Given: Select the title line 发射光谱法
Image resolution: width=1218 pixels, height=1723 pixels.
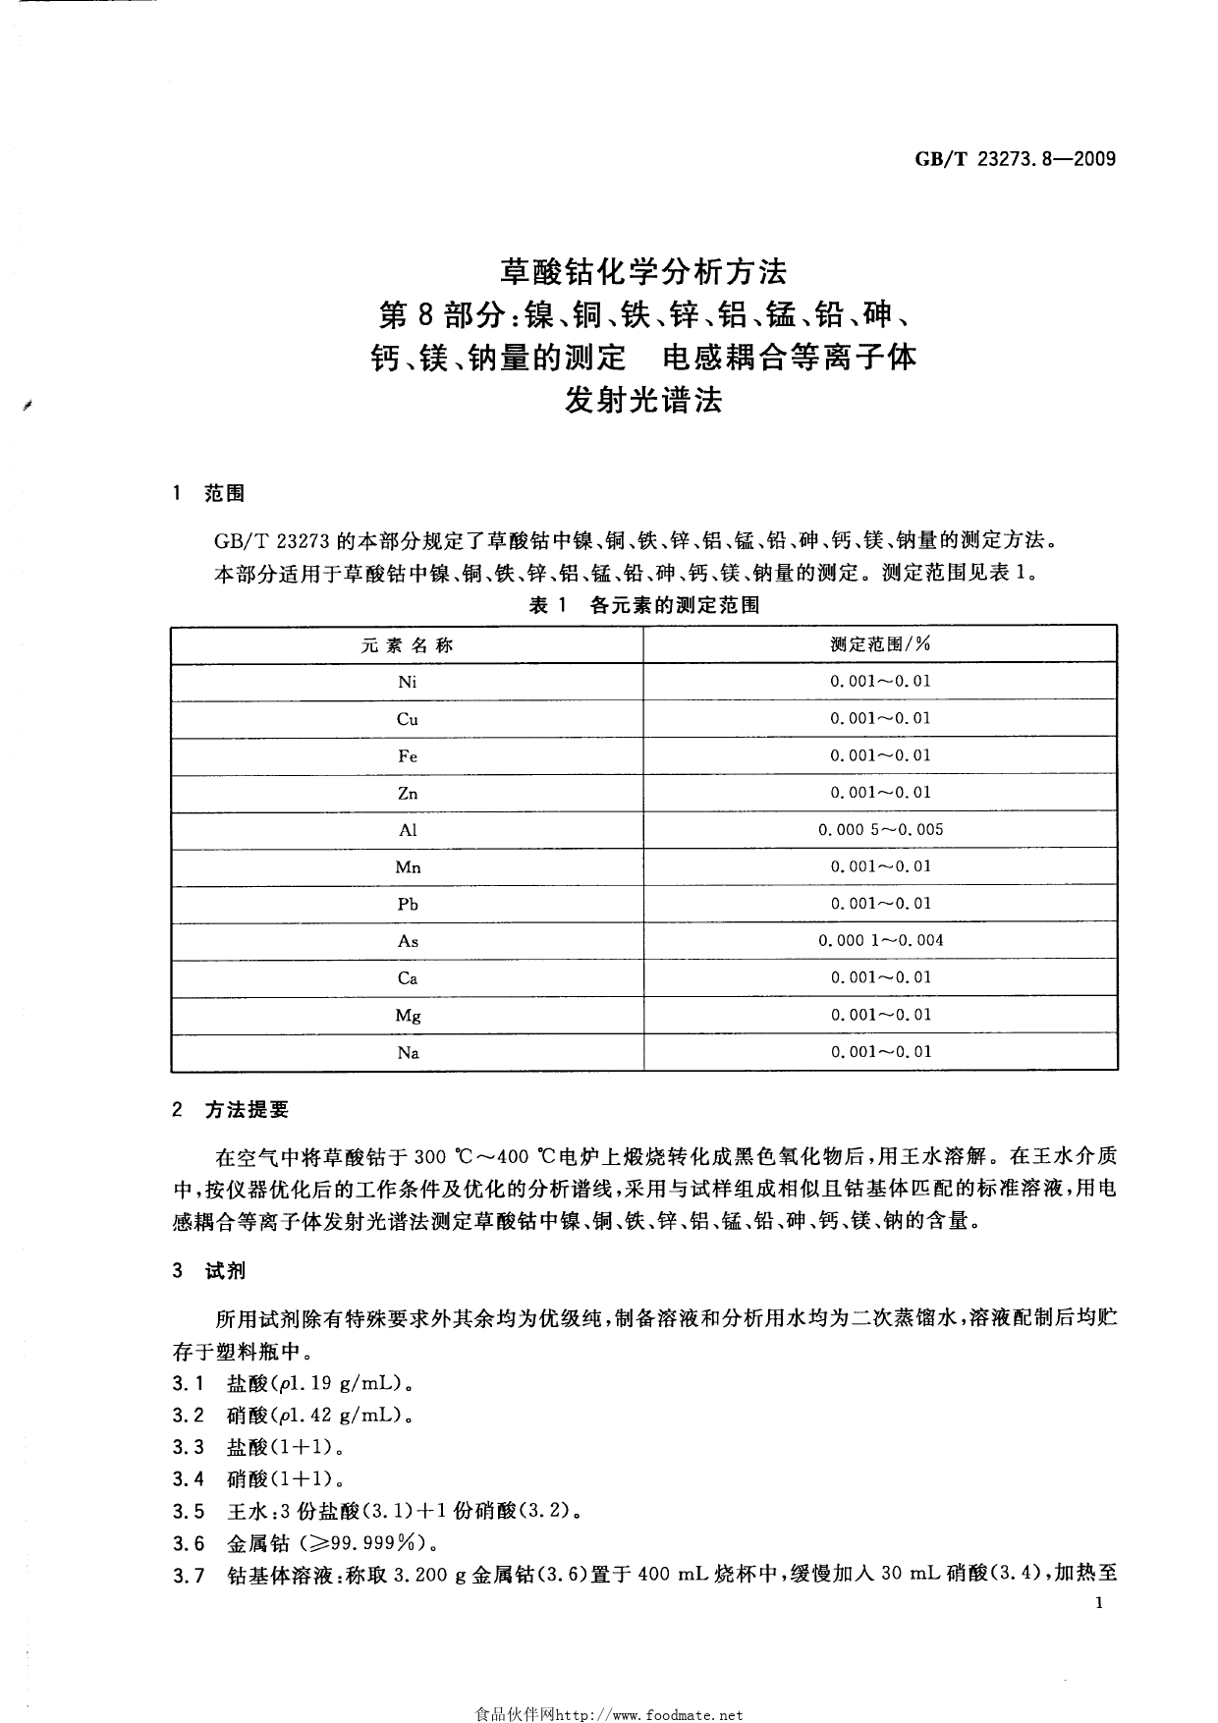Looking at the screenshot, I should (x=643, y=401).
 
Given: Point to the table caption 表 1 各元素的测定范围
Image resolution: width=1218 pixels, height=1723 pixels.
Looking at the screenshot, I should (x=644, y=606).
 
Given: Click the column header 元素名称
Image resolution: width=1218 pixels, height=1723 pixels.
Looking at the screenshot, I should (x=407, y=645).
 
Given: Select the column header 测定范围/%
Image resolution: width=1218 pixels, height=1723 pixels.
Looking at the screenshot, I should (x=880, y=644).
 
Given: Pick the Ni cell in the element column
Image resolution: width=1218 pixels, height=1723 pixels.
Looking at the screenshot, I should (x=407, y=682).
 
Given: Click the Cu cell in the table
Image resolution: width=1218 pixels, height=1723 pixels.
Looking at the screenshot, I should (x=407, y=719).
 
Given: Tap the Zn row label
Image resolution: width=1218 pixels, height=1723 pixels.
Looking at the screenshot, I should (x=407, y=793).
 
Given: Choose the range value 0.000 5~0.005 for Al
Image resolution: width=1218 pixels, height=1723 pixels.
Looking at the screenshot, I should (x=880, y=830).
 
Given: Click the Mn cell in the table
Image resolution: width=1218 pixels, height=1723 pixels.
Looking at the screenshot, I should (x=407, y=867).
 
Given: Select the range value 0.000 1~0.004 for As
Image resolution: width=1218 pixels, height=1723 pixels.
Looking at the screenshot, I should (x=880, y=941).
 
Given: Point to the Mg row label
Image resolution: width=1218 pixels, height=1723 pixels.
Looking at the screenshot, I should (x=407, y=1016).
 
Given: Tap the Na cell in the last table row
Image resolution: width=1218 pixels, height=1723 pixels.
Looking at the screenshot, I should (x=407, y=1053).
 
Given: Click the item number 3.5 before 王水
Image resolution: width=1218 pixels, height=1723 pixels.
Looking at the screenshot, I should (x=188, y=1511).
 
